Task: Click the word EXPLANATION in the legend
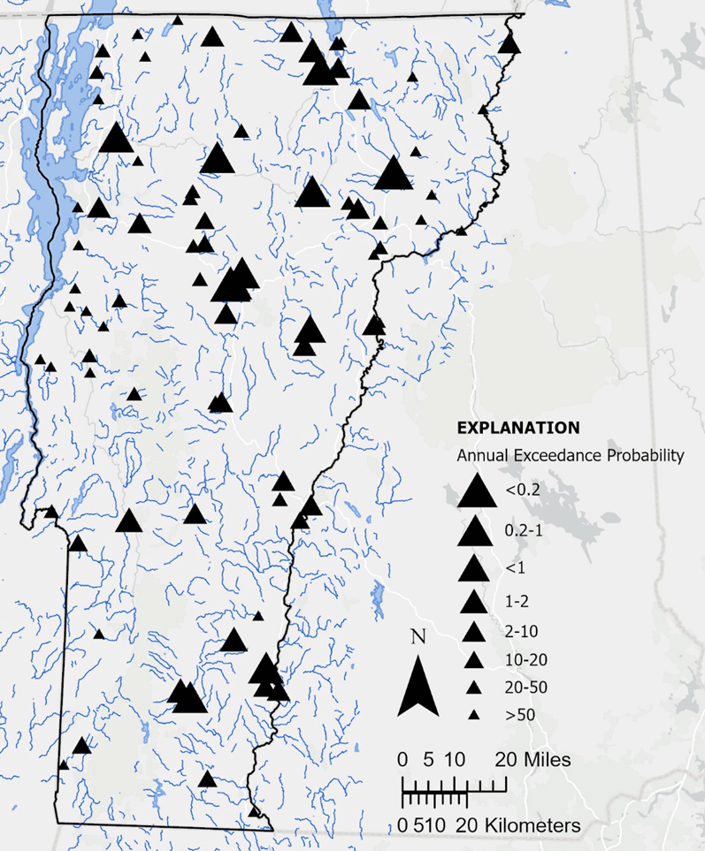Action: (517, 427)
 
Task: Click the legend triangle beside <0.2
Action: (474, 490)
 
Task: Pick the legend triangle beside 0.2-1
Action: (474, 530)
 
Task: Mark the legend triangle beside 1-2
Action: (474, 602)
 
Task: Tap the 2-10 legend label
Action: (522, 631)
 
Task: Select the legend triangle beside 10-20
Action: (474, 659)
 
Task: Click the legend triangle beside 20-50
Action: (474, 687)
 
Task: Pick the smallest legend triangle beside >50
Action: (474, 714)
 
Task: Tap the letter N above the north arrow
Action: (419, 636)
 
